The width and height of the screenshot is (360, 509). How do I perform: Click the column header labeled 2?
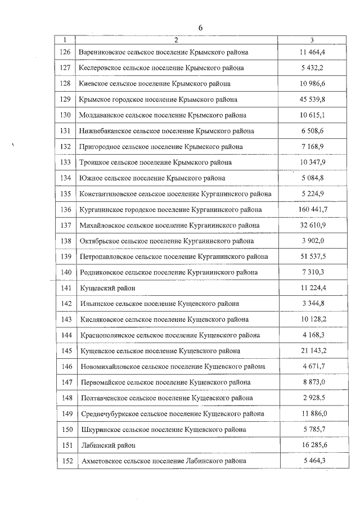pos(176,40)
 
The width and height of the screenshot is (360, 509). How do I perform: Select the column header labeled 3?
pos(313,40)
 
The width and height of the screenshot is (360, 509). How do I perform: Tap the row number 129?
pos(65,100)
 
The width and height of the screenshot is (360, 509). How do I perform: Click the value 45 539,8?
pos(313,100)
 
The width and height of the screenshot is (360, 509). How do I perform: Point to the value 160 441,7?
pos(313,210)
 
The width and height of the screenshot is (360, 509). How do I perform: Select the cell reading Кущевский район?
pos(107,288)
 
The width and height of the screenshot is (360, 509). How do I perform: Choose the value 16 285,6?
pos(313,445)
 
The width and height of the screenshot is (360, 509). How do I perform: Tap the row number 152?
pos(65,461)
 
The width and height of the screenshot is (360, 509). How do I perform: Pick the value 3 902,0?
pos(313,241)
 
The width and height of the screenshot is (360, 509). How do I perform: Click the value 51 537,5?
pos(313,256)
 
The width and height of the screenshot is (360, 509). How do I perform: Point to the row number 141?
pos(65,288)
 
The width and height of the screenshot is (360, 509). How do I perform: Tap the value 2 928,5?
pos(313,398)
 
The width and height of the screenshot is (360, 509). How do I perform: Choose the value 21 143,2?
pos(313,351)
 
